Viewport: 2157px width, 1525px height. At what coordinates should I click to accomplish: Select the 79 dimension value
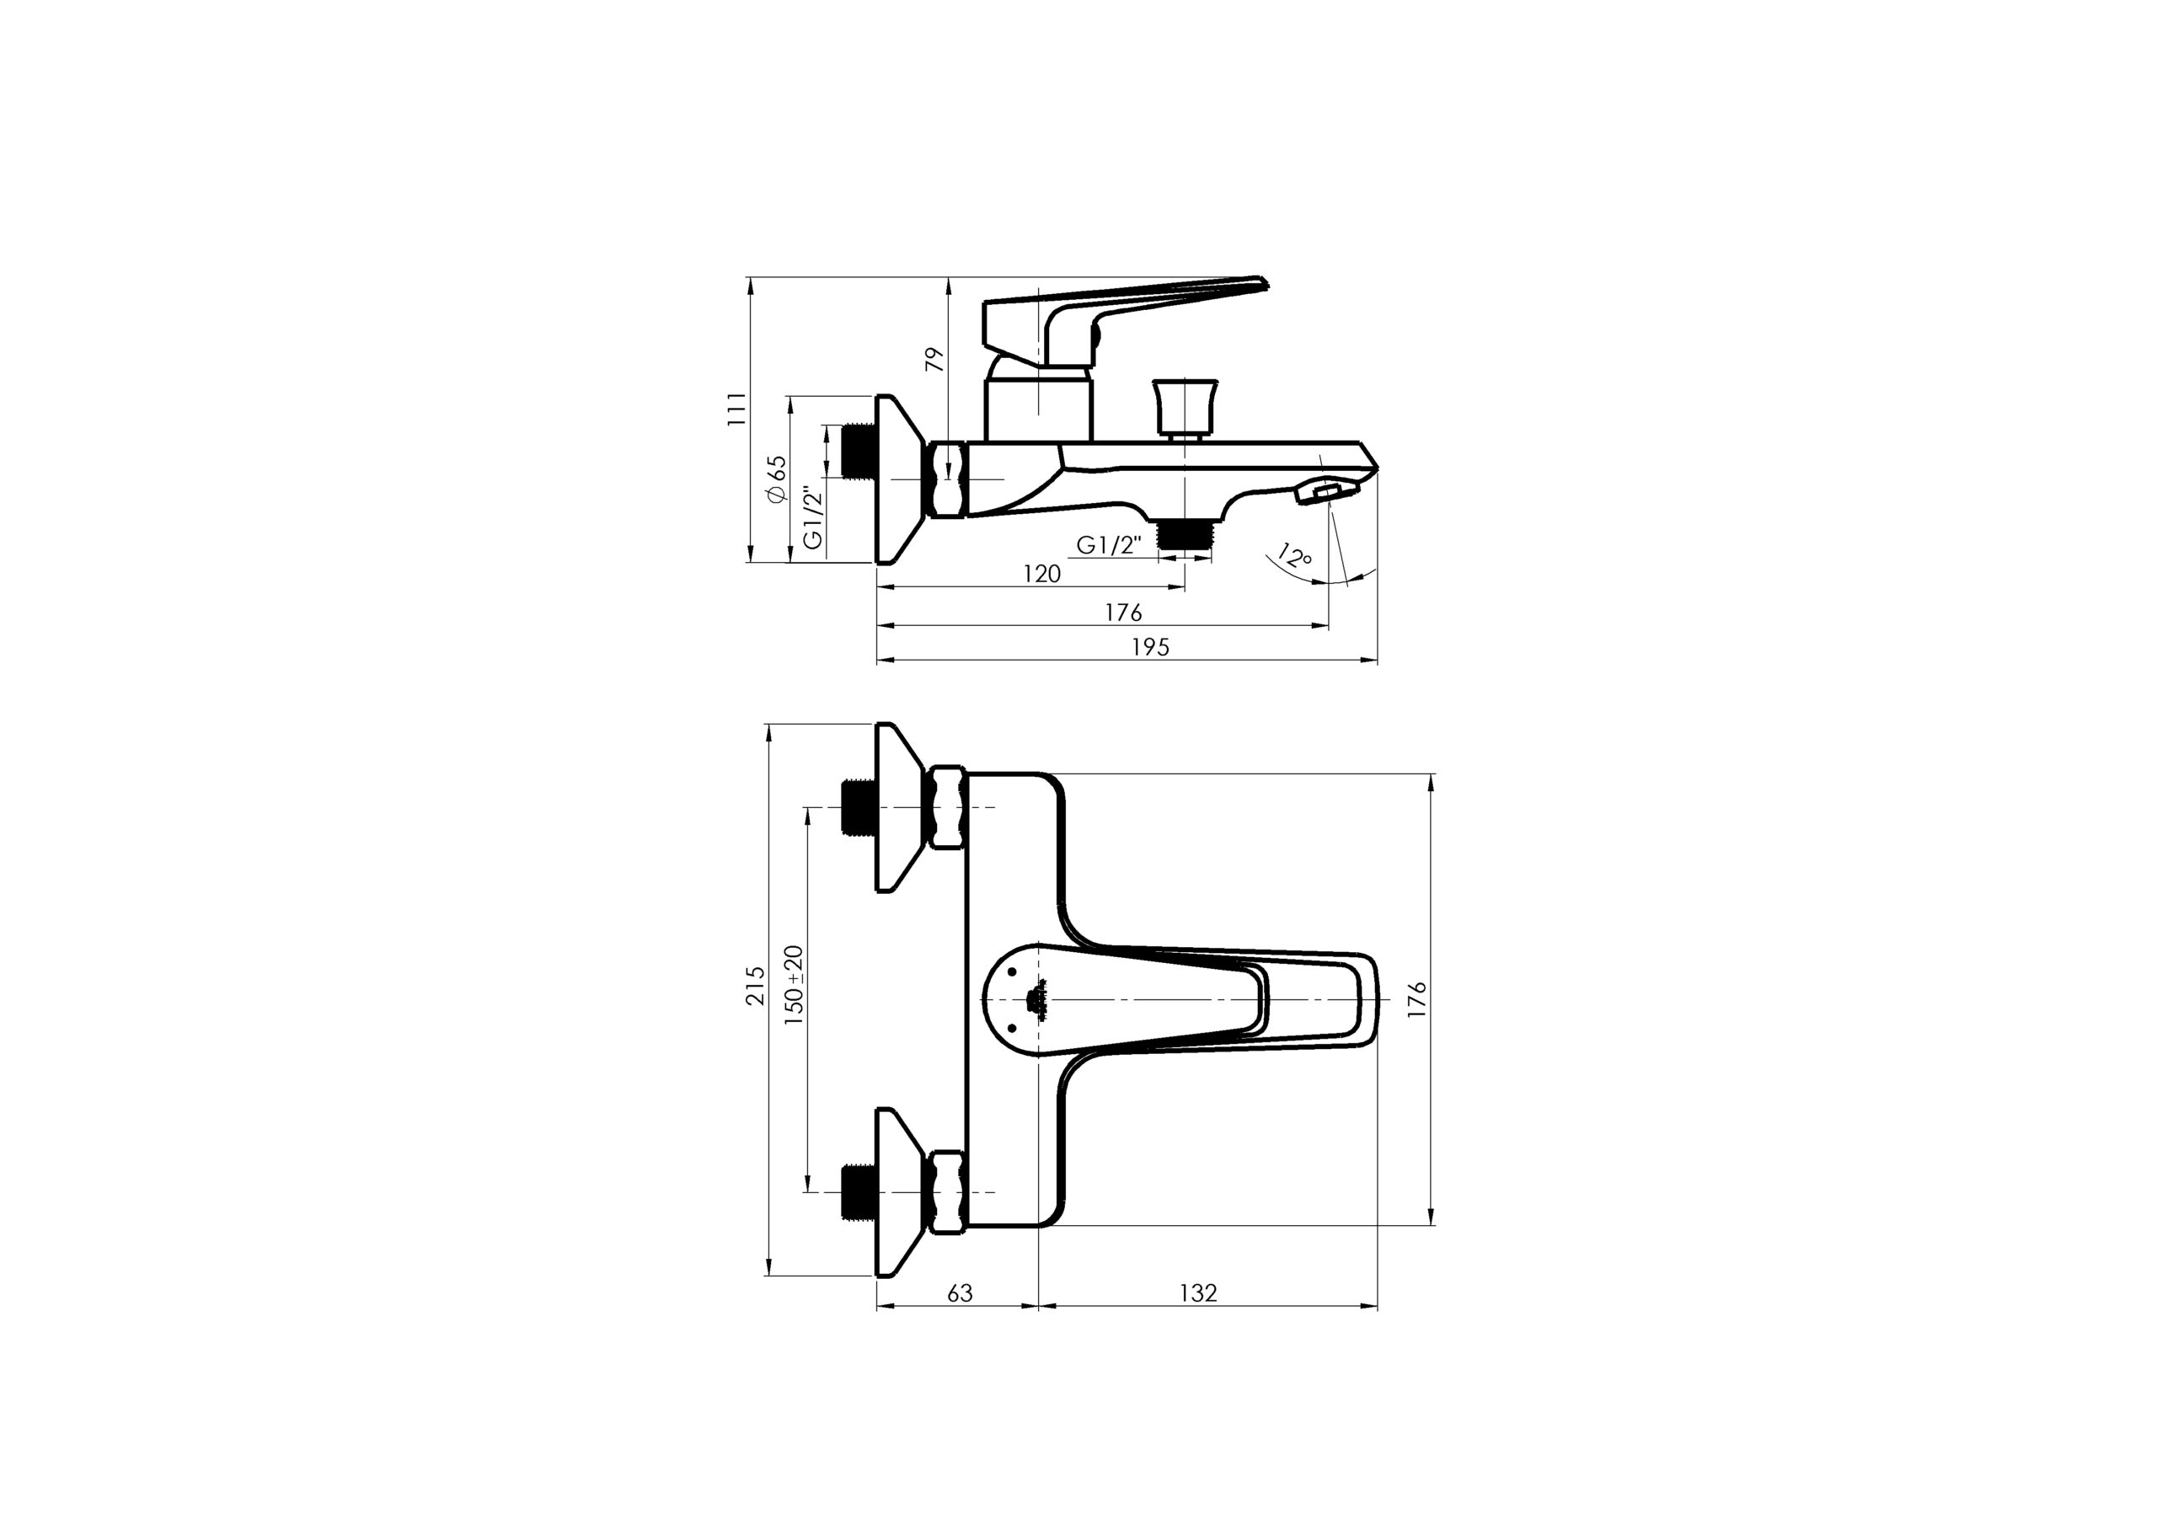point(934,360)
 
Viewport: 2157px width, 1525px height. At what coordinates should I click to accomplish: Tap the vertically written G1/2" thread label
point(814,516)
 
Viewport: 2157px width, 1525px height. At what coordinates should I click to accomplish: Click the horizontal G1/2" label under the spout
point(1109,545)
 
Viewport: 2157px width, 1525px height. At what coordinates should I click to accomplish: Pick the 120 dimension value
point(1042,573)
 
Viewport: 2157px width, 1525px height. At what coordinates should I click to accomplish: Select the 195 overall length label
point(1151,647)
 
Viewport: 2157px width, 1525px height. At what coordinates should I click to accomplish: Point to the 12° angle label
point(1294,556)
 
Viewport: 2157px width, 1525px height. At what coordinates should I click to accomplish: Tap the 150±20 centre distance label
point(795,985)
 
